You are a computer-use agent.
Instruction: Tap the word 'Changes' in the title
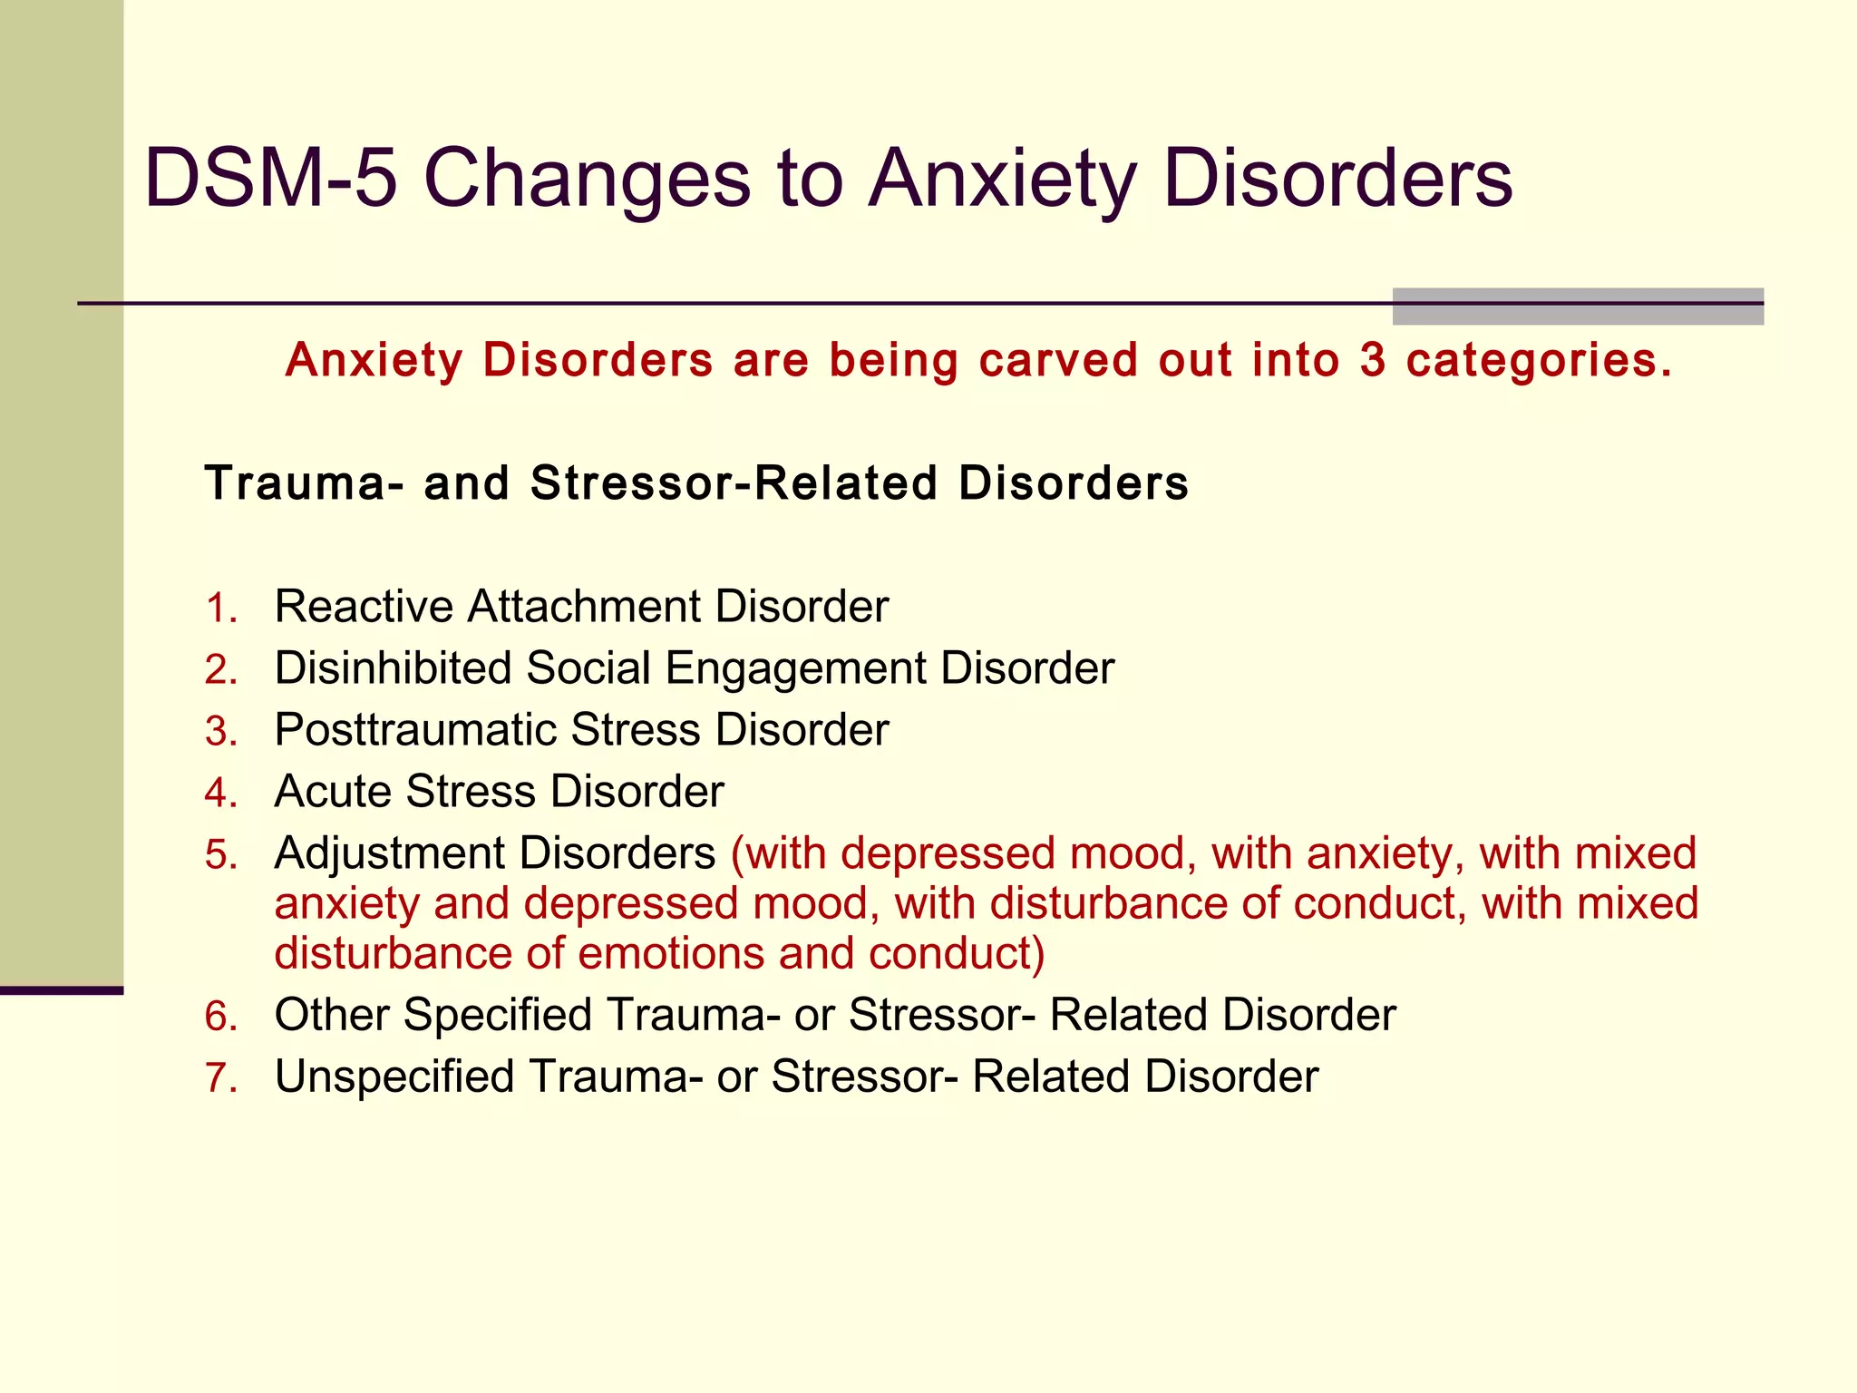587,180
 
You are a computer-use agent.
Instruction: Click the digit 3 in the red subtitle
1372,360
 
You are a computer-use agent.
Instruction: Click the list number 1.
219,608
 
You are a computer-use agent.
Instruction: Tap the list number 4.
219,793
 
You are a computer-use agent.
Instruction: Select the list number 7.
219,1077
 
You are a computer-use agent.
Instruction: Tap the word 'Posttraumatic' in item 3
415,729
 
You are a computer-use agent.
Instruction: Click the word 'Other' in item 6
331,1014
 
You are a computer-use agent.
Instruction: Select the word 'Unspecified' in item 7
394,1077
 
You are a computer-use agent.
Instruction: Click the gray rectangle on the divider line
1578,307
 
